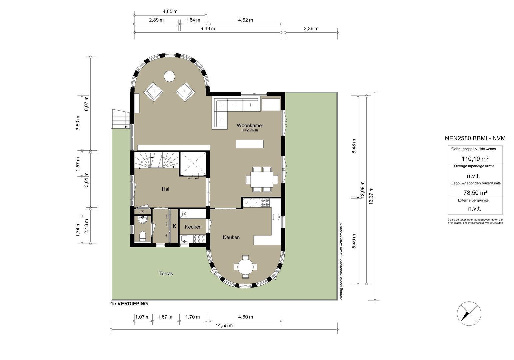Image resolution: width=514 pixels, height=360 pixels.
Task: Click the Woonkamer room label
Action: click(250, 125)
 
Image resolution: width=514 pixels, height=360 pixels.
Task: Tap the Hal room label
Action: click(165, 189)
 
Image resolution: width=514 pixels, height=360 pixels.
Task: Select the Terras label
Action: click(166, 274)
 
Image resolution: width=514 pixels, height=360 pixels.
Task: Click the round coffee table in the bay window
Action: click(169, 76)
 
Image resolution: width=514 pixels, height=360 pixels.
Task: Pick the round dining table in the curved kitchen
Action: click(245, 267)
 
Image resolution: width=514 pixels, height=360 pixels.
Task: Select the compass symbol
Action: click(469, 313)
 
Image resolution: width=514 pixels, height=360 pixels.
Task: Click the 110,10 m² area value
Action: click(475, 159)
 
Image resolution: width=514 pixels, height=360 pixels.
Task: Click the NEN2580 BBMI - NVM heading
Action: click(475, 138)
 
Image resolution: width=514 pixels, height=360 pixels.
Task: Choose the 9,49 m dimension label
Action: click(207, 28)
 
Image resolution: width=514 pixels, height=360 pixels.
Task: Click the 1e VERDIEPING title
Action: click(129, 304)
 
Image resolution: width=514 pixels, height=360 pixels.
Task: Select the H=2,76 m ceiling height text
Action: click(250, 130)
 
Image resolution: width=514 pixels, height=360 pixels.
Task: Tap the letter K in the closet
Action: click(174, 226)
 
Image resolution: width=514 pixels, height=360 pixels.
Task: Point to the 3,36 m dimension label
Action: click(311, 28)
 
